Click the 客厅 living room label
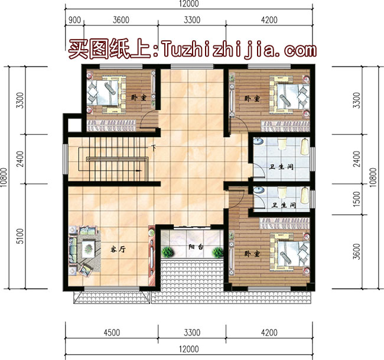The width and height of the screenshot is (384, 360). [x=118, y=250]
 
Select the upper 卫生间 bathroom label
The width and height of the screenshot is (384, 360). [x=282, y=168]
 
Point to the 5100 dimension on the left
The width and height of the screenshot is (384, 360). [x=20, y=236]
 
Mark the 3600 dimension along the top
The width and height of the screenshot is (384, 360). [x=121, y=19]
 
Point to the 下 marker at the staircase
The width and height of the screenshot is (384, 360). [x=154, y=148]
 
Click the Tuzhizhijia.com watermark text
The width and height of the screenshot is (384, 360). [x=234, y=47]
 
